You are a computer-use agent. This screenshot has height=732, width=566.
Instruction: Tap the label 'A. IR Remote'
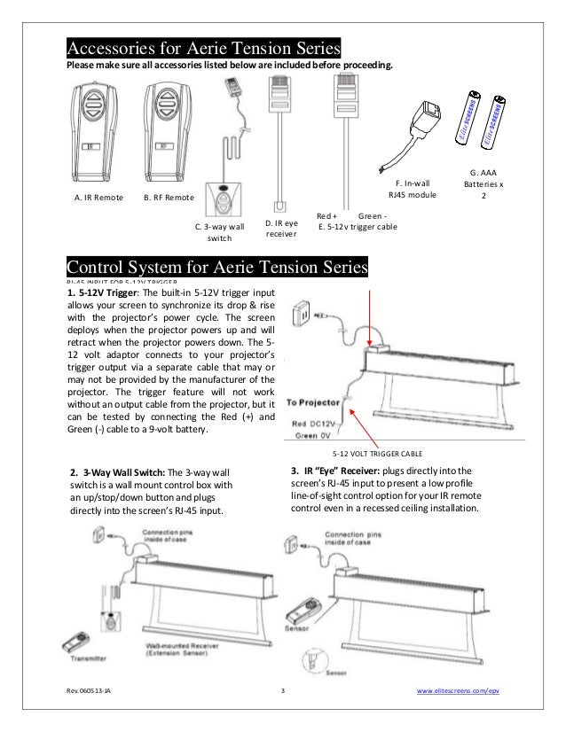(x=98, y=198)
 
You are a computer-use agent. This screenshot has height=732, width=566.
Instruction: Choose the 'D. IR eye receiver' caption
(x=281, y=228)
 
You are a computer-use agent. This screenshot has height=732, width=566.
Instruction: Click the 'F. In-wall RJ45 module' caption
(x=413, y=190)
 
